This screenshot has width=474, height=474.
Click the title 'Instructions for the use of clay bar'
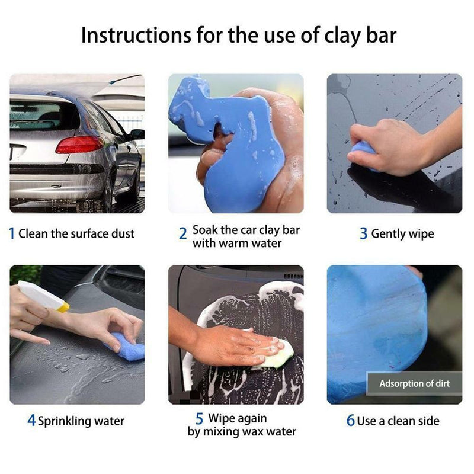[x=238, y=36]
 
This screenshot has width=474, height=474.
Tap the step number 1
[x=12, y=233]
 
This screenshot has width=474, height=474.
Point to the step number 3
[x=363, y=233]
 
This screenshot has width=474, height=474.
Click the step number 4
[x=31, y=421]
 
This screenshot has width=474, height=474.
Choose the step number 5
[x=200, y=418]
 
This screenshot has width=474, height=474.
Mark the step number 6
[x=351, y=421]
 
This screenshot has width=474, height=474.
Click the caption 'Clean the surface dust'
[x=76, y=233]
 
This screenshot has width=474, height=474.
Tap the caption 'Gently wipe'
[x=402, y=234]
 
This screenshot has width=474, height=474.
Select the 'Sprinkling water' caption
[x=81, y=422]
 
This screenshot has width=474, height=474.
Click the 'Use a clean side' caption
[x=398, y=421]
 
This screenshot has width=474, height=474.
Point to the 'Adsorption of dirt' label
[x=414, y=383]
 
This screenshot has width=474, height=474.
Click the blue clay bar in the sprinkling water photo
[x=127, y=348]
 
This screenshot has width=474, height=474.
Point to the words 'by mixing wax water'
[x=242, y=431]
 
